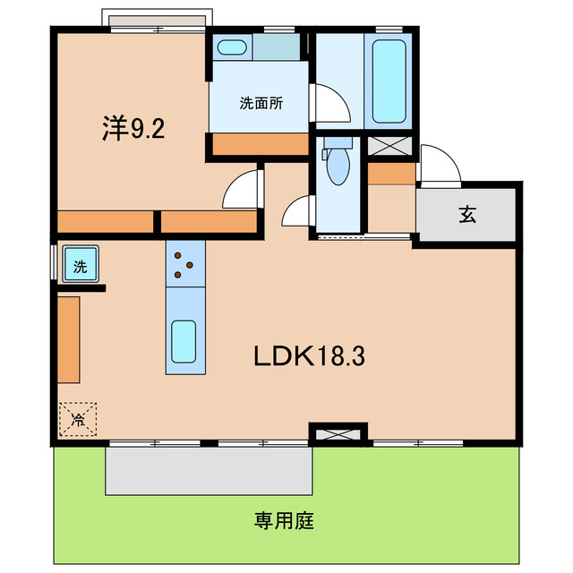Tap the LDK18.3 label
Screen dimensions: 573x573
pyautogui.click(x=307, y=356)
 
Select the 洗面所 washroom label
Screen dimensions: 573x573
pyautogui.click(x=261, y=103)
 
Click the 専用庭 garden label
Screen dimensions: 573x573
pyautogui.click(x=284, y=520)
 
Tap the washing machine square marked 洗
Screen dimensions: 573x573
pyautogui.click(x=80, y=266)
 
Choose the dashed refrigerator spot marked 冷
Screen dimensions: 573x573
pyautogui.click(x=78, y=418)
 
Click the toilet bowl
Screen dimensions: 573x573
pyautogui.click(x=338, y=166)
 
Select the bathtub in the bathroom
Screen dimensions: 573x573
pyautogui.click(x=389, y=82)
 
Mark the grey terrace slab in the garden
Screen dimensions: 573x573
pyautogui.click(x=209, y=470)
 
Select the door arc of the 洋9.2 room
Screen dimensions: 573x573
pyautogui.click(x=240, y=190)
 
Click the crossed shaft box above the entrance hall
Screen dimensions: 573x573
pyautogui.click(x=391, y=145)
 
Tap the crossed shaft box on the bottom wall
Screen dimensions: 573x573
pyautogui.click(x=338, y=435)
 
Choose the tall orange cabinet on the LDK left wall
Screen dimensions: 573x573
pyautogui.click(x=69, y=338)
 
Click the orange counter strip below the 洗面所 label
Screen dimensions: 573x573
pyautogui.click(x=259, y=143)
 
